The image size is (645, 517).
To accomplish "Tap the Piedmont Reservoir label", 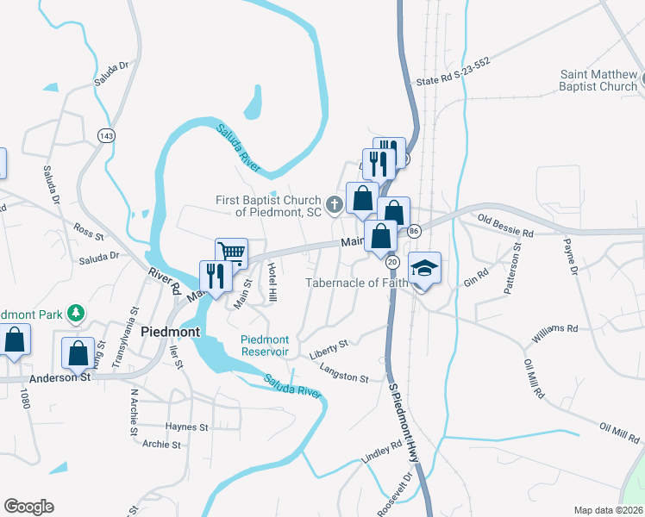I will pos(265,346).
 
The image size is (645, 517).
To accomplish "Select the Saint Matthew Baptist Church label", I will pos(598,80).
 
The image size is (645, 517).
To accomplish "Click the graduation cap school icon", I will pos(424,268).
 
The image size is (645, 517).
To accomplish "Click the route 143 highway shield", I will pos(106,136).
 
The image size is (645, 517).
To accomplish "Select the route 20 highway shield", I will pos(392,261).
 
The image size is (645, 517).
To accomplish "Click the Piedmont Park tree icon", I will pos(76,314).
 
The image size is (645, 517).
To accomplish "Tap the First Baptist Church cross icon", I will pos(334,204).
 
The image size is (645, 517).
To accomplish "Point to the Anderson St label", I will pos(60,377).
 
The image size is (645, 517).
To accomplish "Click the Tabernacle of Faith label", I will pos(356,283).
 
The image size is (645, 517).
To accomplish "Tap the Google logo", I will pos(28,507).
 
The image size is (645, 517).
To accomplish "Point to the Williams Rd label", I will pos(554,329).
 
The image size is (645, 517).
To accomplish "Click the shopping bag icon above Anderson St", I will pos(78,352).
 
